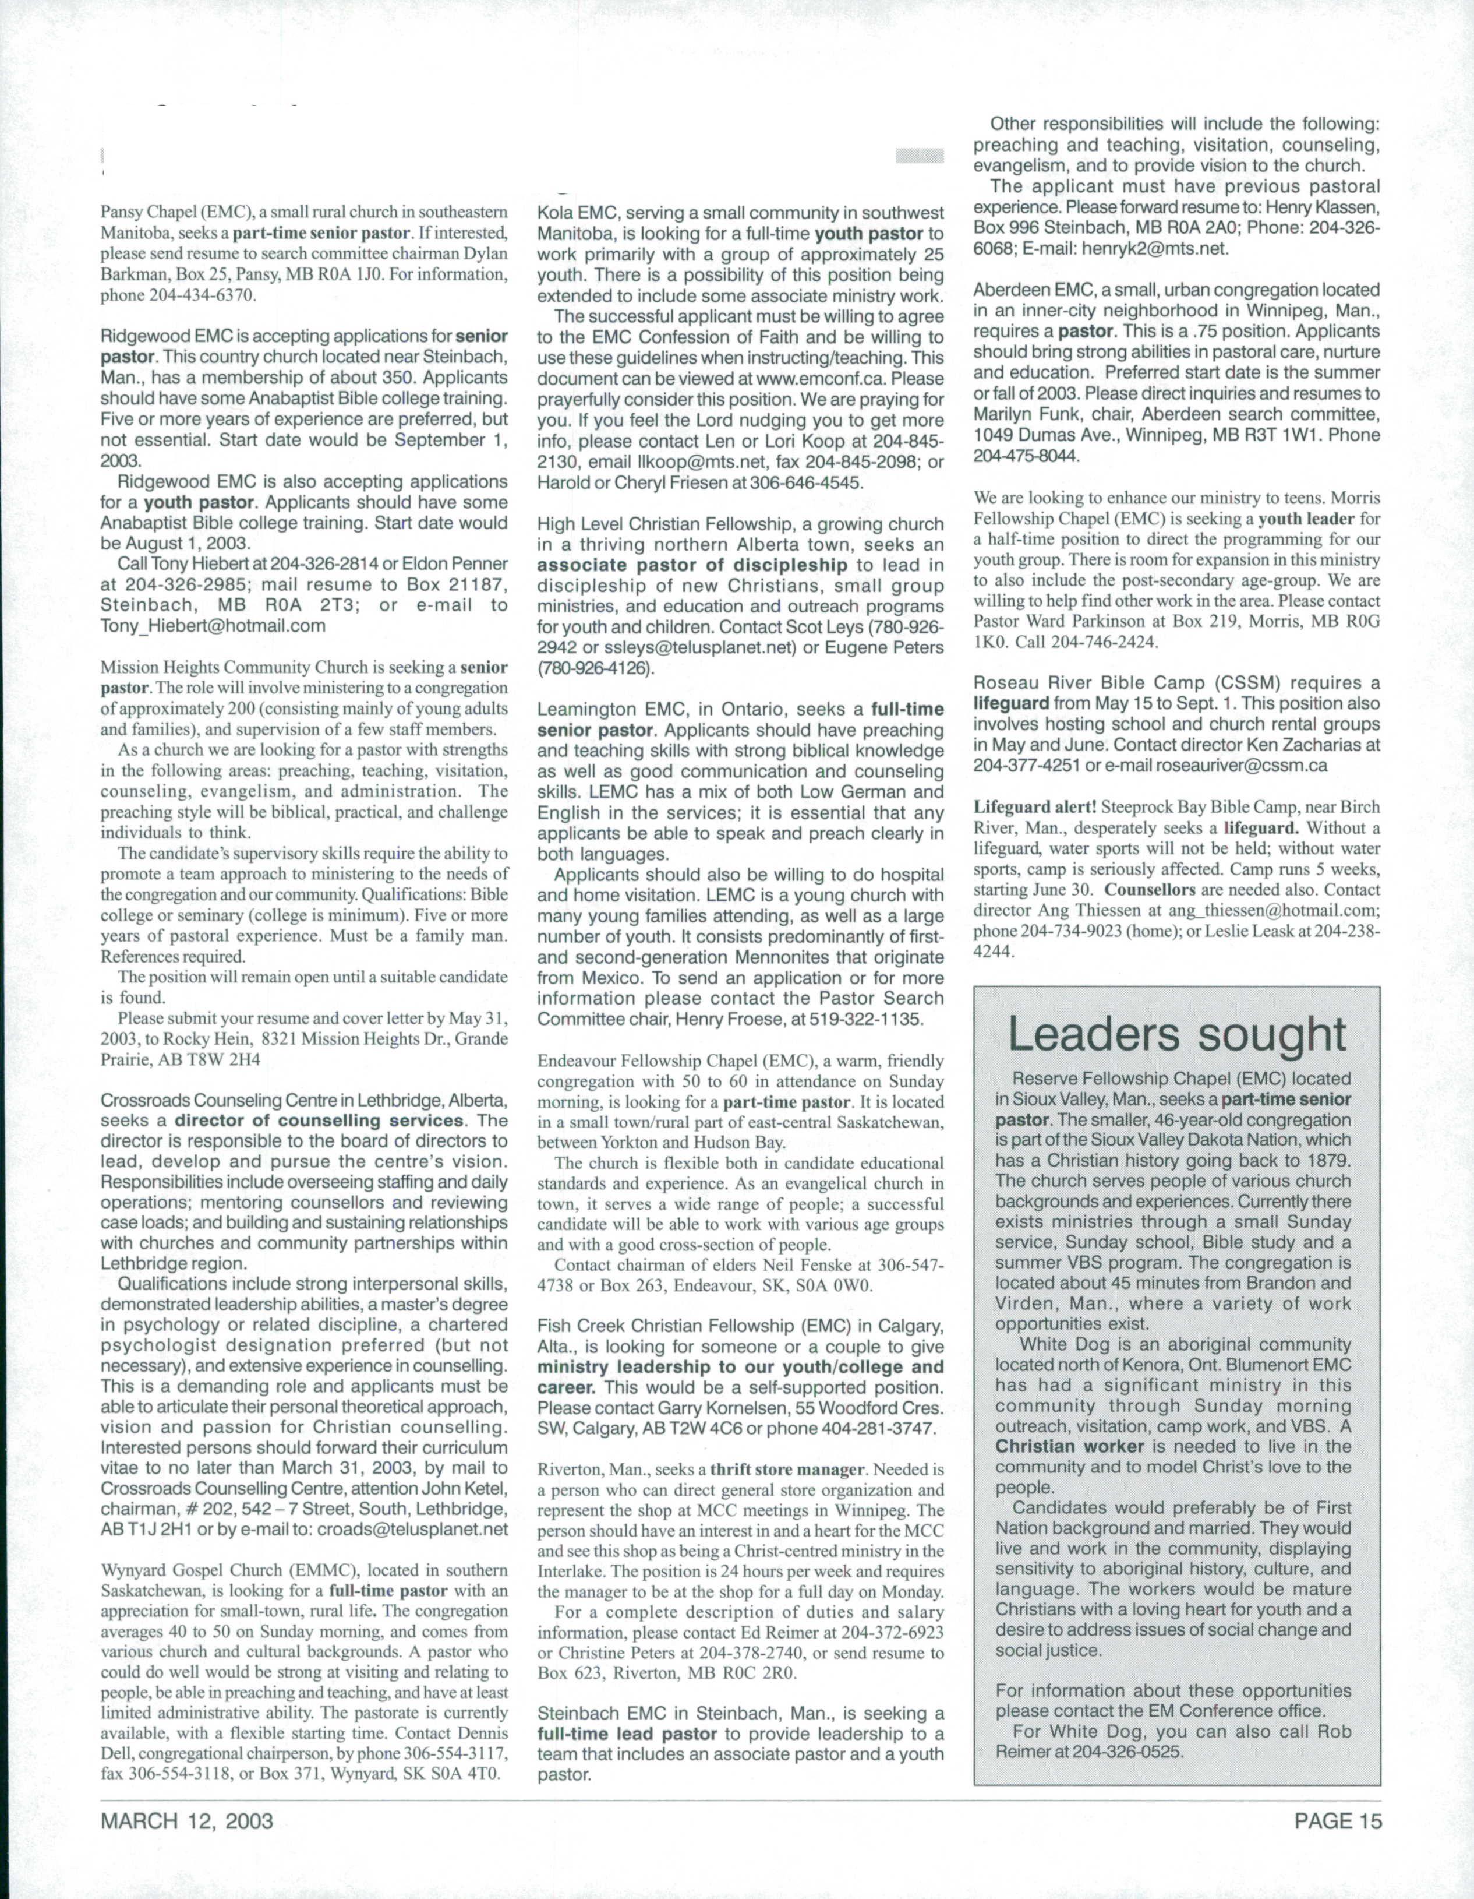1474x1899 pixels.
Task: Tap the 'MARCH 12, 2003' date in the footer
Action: (x=187, y=1814)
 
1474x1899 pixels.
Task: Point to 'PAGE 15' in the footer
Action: (x=1337, y=1814)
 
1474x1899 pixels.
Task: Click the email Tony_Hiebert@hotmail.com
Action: (x=213, y=626)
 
